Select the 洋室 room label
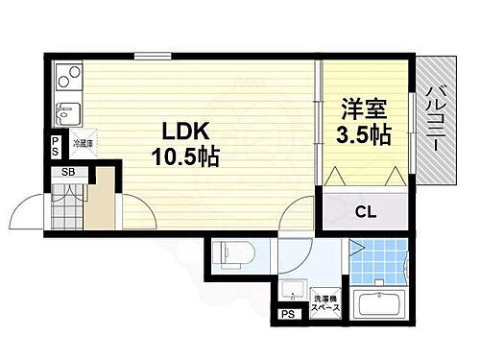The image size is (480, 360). point(357,108)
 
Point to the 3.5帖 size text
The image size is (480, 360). point(363,133)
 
